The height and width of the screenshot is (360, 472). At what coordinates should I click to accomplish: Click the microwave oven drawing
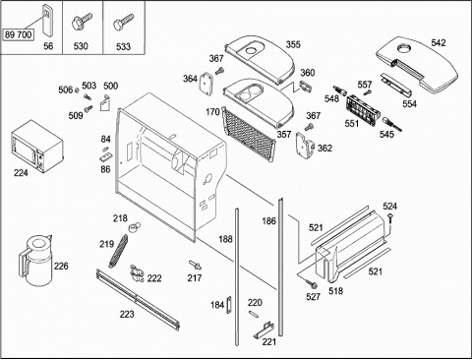tap(37, 146)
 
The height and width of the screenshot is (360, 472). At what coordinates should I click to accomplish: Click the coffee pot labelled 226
tap(35, 261)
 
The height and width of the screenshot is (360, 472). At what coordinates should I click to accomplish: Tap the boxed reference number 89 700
tap(19, 34)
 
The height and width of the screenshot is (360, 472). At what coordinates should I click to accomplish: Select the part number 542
tap(439, 43)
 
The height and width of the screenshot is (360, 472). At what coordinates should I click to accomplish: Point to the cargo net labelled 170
tap(248, 135)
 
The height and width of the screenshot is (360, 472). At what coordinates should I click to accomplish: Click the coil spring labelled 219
tap(118, 251)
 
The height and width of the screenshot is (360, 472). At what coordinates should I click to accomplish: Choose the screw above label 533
tap(123, 22)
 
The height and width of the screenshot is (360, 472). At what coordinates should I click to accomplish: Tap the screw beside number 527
tap(311, 283)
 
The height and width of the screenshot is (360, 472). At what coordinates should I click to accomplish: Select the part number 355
tap(293, 44)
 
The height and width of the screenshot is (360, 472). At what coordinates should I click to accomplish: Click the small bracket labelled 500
tap(104, 103)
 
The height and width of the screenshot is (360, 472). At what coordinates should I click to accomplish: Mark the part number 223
tap(127, 314)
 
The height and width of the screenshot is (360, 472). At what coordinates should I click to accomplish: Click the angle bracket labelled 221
tap(265, 330)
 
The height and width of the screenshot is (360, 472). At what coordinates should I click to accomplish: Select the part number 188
tap(225, 239)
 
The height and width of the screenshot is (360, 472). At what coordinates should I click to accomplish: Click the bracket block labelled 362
tap(305, 146)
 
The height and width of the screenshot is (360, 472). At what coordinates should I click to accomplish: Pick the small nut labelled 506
tap(77, 90)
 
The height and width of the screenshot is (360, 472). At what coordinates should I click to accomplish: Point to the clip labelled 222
tap(138, 273)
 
